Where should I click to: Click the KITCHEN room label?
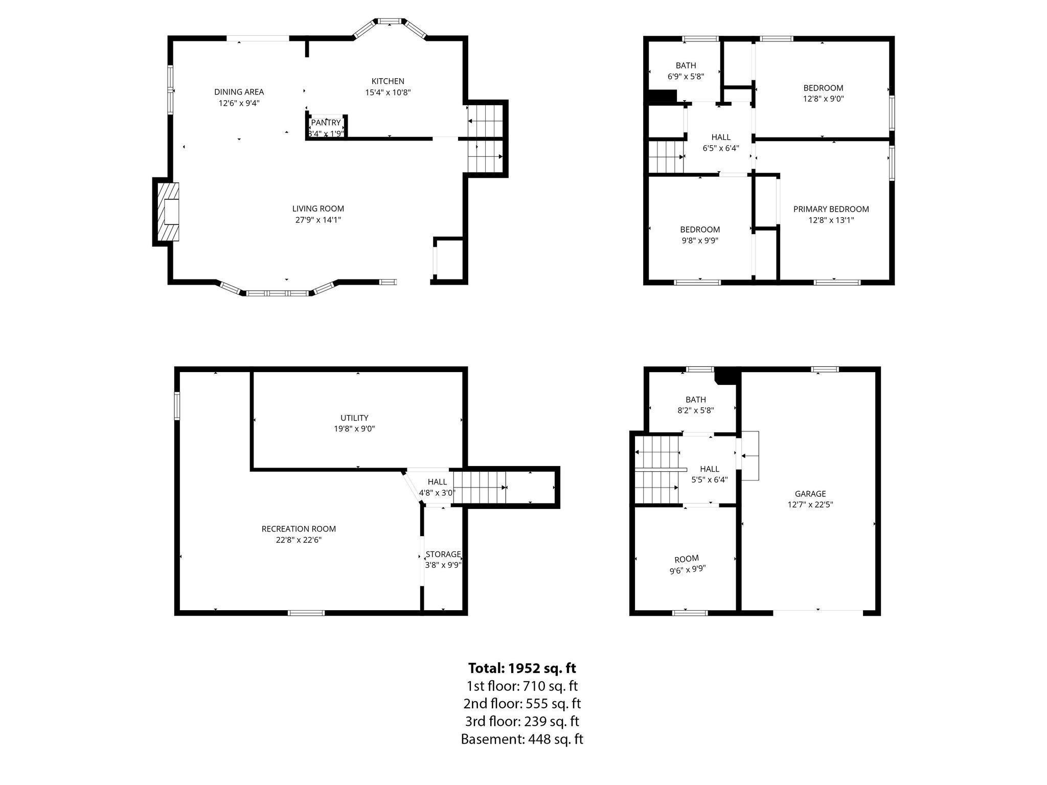pos(388,81)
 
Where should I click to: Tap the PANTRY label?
pos(326,123)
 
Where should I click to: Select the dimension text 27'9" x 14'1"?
pos(318,220)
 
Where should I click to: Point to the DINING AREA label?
pos(239,92)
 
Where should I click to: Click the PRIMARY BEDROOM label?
pos(831,209)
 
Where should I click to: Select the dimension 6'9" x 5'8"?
pos(686,77)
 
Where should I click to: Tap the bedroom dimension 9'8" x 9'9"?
pos(700,241)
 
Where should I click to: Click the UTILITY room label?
pos(354,418)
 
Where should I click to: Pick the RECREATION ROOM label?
pos(299,529)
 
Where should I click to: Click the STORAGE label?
pos(443,555)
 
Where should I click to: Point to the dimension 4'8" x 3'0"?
pos(437,493)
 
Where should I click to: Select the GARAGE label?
pos(810,494)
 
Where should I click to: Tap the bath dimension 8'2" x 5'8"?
pos(695,410)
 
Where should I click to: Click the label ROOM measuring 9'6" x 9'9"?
pos(687,559)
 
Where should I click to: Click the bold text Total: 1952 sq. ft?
pos(522,668)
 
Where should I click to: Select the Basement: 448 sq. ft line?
pos(522,739)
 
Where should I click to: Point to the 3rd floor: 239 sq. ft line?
pos(522,721)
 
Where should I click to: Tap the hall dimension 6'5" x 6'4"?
pos(721,148)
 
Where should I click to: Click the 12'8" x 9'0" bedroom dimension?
pos(823,99)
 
